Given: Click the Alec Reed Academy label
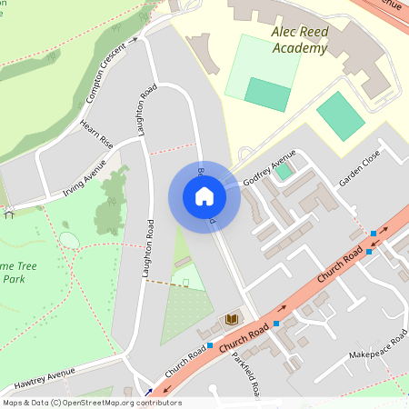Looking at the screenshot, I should [x=300, y=40].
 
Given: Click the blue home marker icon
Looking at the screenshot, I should [x=204, y=196].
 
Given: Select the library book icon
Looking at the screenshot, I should [x=232, y=319].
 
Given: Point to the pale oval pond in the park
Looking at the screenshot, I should [x=69, y=240].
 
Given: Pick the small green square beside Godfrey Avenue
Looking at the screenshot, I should [x=284, y=170].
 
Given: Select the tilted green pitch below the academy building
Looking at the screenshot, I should [x=341, y=115].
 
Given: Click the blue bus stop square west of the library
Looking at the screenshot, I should [x=210, y=345].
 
